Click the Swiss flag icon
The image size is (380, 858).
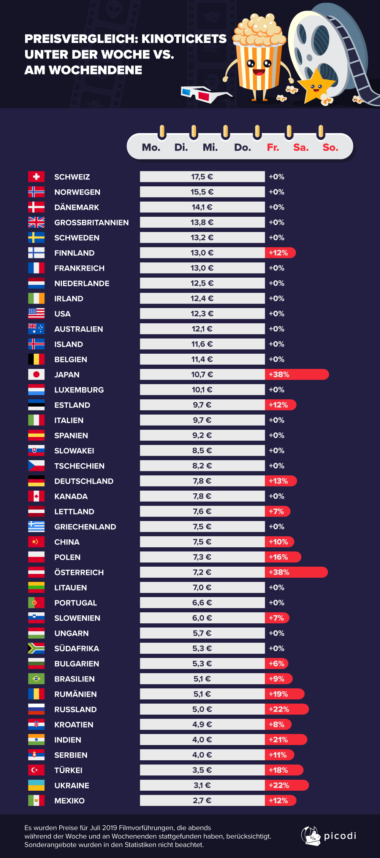[x=36, y=176]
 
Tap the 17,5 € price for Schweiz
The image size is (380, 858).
[x=202, y=176]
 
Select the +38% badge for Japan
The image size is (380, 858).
[x=279, y=374]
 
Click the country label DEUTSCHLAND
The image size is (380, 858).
[x=84, y=481]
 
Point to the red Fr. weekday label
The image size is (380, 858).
[x=273, y=147]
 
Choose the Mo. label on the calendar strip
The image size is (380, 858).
[x=151, y=147]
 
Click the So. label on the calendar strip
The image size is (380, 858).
[x=330, y=147]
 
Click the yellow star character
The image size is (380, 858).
[x=315, y=87]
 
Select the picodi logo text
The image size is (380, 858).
[x=340, y=836]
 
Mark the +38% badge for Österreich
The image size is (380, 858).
[x=279, y=572]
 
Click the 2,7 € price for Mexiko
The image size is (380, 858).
[x=202, y=800]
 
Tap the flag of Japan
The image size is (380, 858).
[x=36, y=374]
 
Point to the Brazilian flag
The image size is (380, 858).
[x=36, y=678]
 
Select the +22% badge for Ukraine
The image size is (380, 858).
[x=279, y=785]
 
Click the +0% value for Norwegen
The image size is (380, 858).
[x=276, y=192]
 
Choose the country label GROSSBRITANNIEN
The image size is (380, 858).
[x=91, y=222]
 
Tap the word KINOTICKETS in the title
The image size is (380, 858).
[x=184, y=39]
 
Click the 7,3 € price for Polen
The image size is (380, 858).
[x=202, y=557]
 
